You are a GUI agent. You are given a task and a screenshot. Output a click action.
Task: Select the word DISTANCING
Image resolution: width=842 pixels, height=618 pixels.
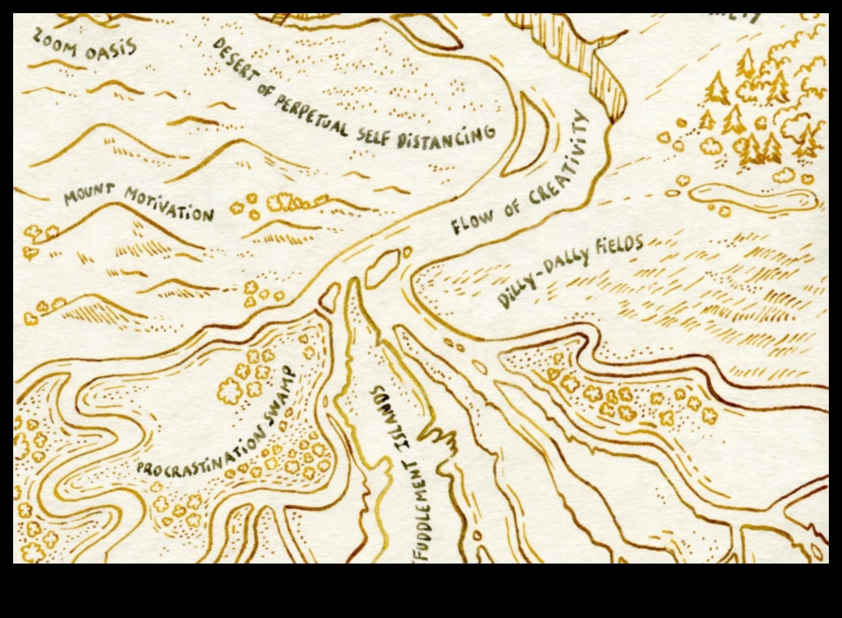[447, 136]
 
